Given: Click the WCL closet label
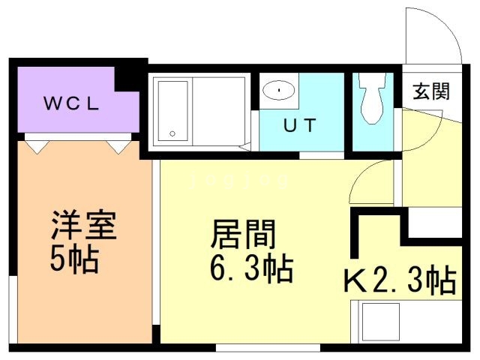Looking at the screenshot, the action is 72,103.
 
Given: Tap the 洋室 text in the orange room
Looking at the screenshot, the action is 84,225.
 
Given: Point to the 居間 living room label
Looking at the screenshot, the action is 243,234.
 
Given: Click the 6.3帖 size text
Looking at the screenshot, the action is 252,268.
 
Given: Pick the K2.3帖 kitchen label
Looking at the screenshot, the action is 400,280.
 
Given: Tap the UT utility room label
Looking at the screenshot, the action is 300,125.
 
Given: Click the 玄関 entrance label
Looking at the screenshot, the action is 431,91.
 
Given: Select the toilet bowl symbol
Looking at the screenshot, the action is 372,98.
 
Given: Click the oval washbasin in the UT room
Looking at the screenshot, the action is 278,90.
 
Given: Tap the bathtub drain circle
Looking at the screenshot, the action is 172,133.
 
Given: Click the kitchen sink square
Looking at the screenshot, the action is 381,322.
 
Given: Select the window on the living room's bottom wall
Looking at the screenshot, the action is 268,348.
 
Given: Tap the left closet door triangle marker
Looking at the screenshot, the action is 37,147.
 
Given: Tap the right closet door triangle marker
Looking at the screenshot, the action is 118,147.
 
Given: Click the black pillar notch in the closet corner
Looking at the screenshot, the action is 127,79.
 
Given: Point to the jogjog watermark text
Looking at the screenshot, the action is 239,181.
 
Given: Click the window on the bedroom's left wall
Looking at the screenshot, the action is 13,310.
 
